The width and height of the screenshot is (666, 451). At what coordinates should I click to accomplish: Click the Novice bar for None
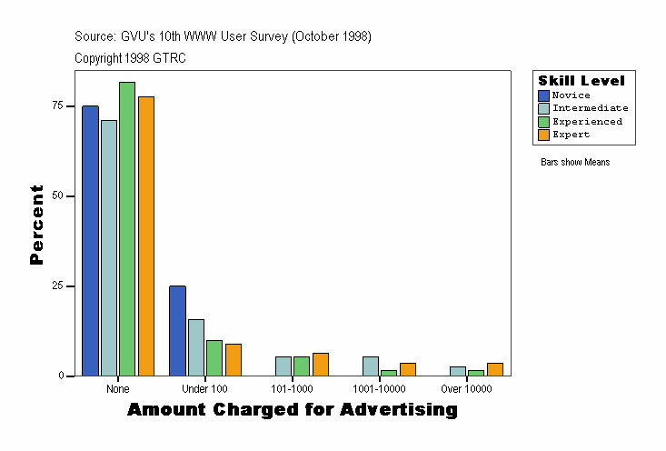(90, 241)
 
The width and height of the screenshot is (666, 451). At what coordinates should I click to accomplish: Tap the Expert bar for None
(146, 236)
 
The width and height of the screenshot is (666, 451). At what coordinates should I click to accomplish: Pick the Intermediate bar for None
(109, 248)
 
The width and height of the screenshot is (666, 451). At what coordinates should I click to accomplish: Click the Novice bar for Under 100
(177, 331)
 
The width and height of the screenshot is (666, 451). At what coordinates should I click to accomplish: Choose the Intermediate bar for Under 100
(196, 347)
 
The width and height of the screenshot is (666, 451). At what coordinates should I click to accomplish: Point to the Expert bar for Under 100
(234, 360)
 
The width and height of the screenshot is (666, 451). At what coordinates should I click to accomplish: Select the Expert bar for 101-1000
(321, 365)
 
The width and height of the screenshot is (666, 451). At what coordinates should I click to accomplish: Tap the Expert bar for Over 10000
(495, 369)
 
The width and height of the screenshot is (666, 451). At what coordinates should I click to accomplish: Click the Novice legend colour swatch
(544, 95)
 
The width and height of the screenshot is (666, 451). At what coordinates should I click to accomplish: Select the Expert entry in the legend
(572, 135)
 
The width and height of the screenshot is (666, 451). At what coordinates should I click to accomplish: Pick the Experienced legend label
(588, 122)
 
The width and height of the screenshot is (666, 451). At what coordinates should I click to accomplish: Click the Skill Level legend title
(582, 81)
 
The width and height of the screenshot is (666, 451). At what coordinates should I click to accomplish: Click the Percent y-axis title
(36, 225)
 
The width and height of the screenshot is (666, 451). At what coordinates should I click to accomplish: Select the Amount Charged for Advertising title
(292, 410)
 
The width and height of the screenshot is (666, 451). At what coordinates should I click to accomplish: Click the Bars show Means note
(575, 163)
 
